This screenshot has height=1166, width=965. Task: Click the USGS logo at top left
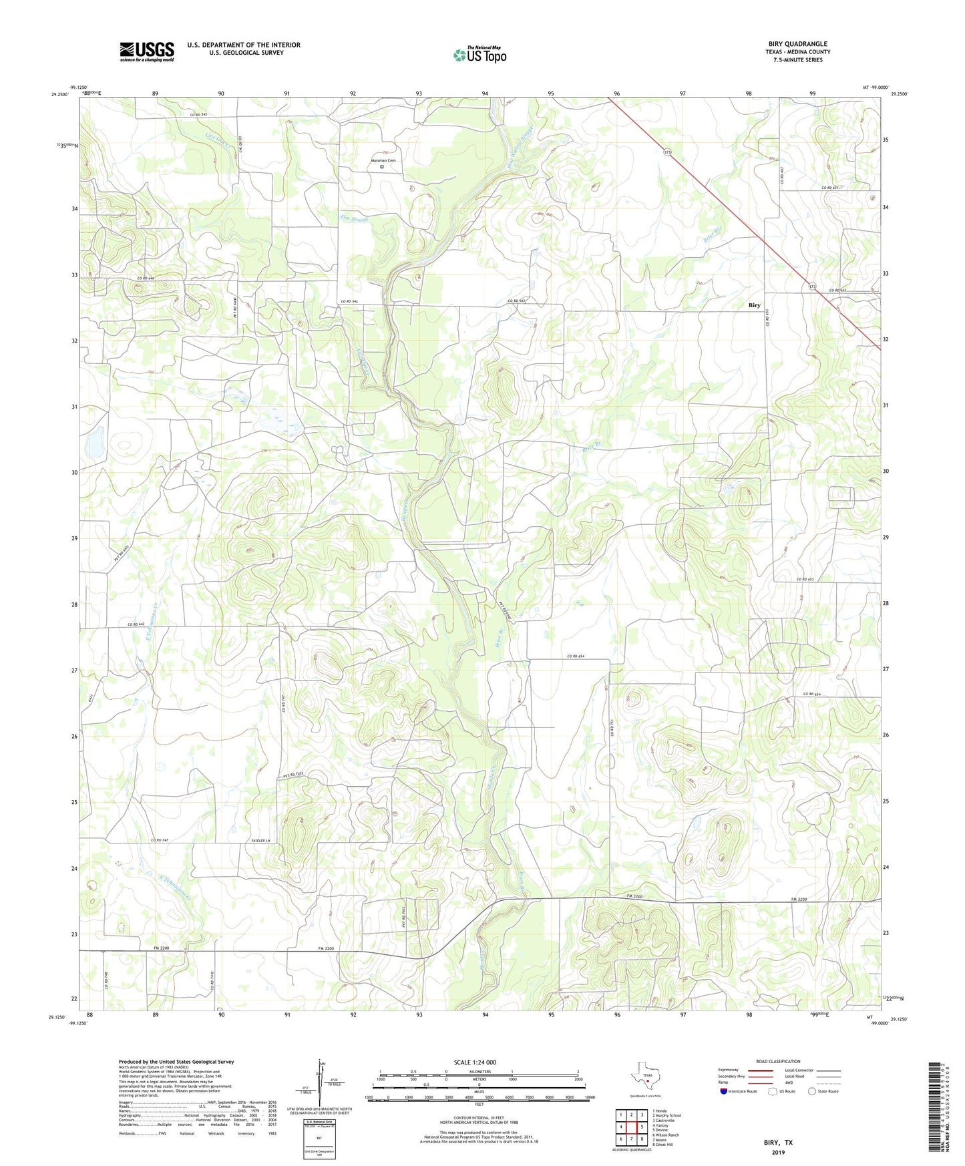coord(147,51)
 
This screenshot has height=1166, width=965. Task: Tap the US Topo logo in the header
coord(479,55)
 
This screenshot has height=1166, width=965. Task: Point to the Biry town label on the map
coord(754,305)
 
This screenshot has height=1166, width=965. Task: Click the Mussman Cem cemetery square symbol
coord(383,168)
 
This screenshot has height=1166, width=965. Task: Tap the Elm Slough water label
coord(354,218)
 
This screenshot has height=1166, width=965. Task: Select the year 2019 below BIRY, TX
coord(778,1152)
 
